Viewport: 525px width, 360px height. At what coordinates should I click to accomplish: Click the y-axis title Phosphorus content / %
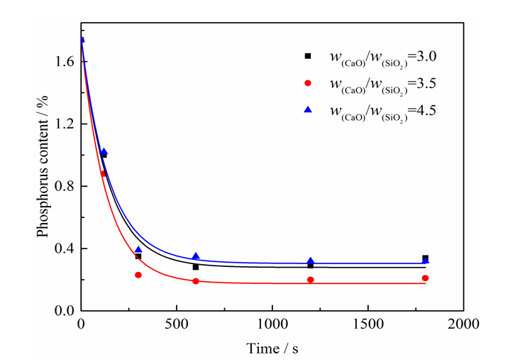click(x=43, y=175)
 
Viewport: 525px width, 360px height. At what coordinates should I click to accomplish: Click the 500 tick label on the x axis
click(x=177, y=324)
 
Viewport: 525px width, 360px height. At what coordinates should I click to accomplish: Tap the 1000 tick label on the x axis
click(x=272, y=324)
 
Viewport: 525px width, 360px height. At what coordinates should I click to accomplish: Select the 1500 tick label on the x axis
click(x=368, y=324)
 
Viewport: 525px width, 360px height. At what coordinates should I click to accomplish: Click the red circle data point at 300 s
click(x=138, y=275)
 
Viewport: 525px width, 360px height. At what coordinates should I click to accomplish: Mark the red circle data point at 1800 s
click(x=426, y=278)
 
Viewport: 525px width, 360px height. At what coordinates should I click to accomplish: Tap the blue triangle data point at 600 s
click(x=196, y=256)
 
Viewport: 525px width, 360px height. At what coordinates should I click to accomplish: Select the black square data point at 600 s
click(x=196, y=267)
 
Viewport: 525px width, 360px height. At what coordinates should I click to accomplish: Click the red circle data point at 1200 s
click(x=311, y=280)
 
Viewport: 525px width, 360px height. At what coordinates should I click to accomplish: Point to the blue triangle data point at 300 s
click(x=138, y=250)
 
